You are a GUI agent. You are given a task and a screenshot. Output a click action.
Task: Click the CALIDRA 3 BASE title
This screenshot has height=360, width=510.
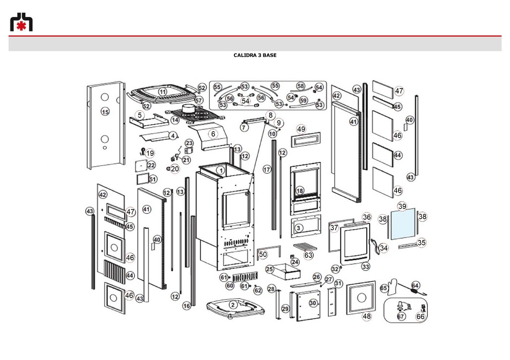coord(255,55)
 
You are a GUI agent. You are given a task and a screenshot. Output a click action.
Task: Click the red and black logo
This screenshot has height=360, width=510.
coord(21,22)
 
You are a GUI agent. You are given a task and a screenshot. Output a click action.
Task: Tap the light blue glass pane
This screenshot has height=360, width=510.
coord(403,224)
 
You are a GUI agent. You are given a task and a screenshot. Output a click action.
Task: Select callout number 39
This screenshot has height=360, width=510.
coord(402,206)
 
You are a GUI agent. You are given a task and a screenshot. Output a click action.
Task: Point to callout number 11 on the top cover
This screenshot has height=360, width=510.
coord(162,92)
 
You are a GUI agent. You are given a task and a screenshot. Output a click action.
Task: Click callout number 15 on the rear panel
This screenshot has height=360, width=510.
coord(105,112)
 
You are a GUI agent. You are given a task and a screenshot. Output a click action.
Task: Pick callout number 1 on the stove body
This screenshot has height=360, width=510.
coord(221,170)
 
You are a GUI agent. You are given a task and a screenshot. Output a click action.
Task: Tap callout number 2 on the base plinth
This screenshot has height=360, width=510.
coord(233,305)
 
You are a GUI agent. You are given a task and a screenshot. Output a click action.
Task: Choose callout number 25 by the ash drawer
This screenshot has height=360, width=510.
coord(269,269)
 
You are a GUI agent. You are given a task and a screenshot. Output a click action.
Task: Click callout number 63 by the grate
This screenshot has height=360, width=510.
coord(308,255)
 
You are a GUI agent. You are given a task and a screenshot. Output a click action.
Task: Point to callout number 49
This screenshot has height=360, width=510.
coord(301,129)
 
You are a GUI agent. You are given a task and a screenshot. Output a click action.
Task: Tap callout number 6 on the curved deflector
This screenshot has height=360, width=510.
coord(213,134)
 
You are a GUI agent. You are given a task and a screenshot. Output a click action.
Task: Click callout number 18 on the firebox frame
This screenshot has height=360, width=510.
coord(299,191)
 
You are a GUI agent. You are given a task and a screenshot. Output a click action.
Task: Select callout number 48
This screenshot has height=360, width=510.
coord(366,316)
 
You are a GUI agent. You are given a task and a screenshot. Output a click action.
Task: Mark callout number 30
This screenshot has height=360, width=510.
coord(313,303)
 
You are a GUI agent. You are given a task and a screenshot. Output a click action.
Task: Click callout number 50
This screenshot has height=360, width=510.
coord(263,254)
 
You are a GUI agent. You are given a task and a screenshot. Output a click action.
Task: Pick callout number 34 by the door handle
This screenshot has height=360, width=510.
coord(384,248)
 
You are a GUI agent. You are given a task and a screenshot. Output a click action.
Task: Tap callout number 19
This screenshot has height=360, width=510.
coord(150,153)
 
